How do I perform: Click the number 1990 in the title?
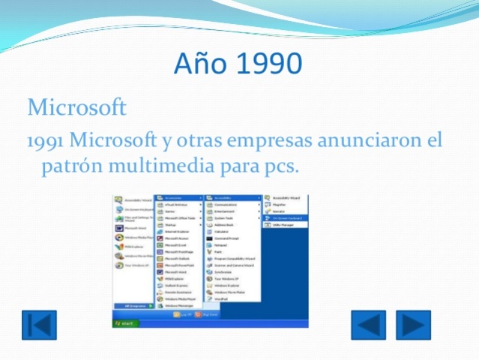[267, 64]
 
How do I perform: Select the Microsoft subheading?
[76, 107]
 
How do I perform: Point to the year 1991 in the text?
[46, 140]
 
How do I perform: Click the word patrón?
[66, 164]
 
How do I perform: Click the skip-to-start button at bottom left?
[38, 325]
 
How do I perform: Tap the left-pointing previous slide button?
[368, 325]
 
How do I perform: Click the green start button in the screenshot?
[124, 322]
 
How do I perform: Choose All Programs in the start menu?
[133, 306]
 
